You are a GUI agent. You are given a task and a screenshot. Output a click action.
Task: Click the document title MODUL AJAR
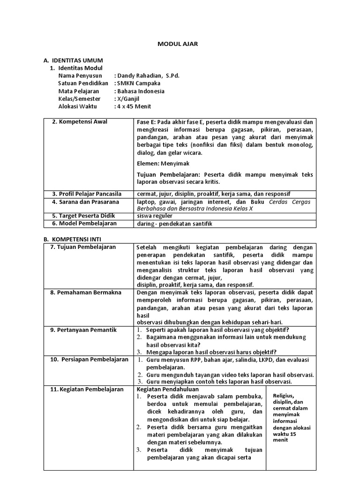click(x=177, y=44)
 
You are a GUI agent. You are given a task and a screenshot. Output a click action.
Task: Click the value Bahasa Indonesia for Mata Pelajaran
click(x=140, y=91)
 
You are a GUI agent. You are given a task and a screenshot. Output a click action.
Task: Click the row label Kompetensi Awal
click(x=80, y=122)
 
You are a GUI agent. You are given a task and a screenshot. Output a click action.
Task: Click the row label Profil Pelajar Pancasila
click(x=87, y=194)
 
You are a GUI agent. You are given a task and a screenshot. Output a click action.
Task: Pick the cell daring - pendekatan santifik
click(x=174, y=224)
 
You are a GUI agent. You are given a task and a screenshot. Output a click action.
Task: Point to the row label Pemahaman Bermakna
click(x=86, y=292)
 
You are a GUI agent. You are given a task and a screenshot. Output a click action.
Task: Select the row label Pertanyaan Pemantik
click(x=83, y=330)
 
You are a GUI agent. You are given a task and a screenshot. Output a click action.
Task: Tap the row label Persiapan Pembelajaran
click(x=89, y=360)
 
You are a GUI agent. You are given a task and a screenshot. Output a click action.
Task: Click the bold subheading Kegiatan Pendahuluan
click(x=168, y=389)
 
